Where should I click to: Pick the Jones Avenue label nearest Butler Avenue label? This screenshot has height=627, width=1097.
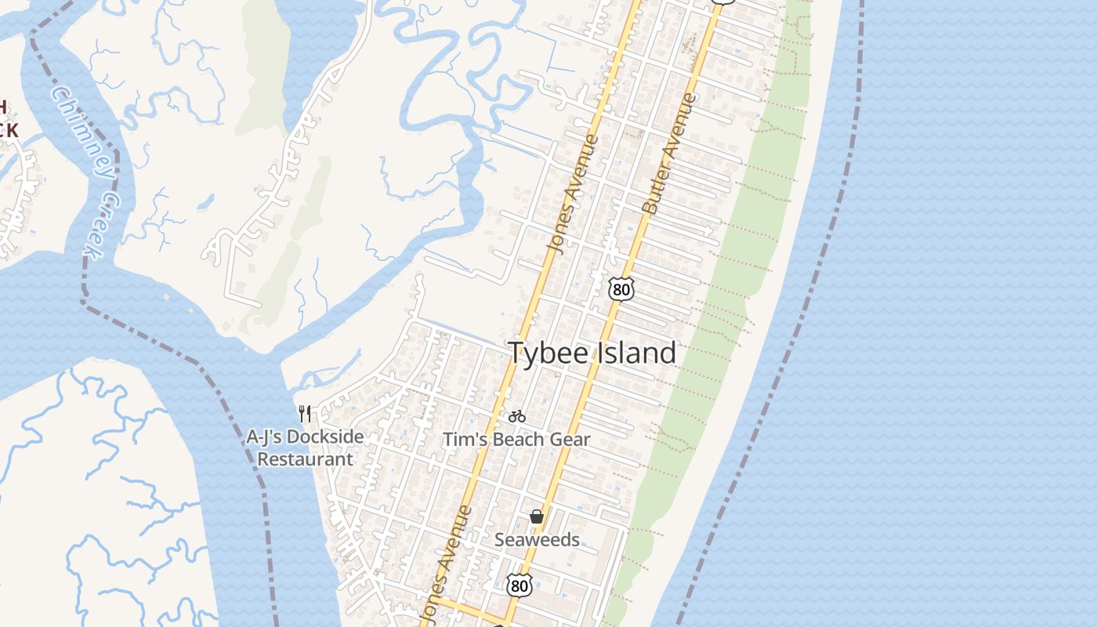(573, 194)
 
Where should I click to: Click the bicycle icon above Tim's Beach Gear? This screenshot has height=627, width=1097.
(517, 416)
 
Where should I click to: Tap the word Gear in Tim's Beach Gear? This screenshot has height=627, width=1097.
(572, 440)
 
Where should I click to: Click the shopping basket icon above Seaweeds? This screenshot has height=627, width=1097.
(537, 516)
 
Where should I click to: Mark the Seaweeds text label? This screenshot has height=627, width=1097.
(537, 540)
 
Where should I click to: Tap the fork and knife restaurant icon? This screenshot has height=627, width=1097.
(306, 413)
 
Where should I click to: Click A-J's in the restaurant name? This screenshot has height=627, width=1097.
(264, 437)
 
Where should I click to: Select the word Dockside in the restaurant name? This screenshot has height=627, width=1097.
(324, 437)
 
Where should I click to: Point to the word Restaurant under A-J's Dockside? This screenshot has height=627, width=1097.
(306, 459)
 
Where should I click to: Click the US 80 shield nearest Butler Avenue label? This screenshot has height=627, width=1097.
(621, 288)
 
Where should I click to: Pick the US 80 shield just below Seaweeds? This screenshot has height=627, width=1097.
(519, 585)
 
